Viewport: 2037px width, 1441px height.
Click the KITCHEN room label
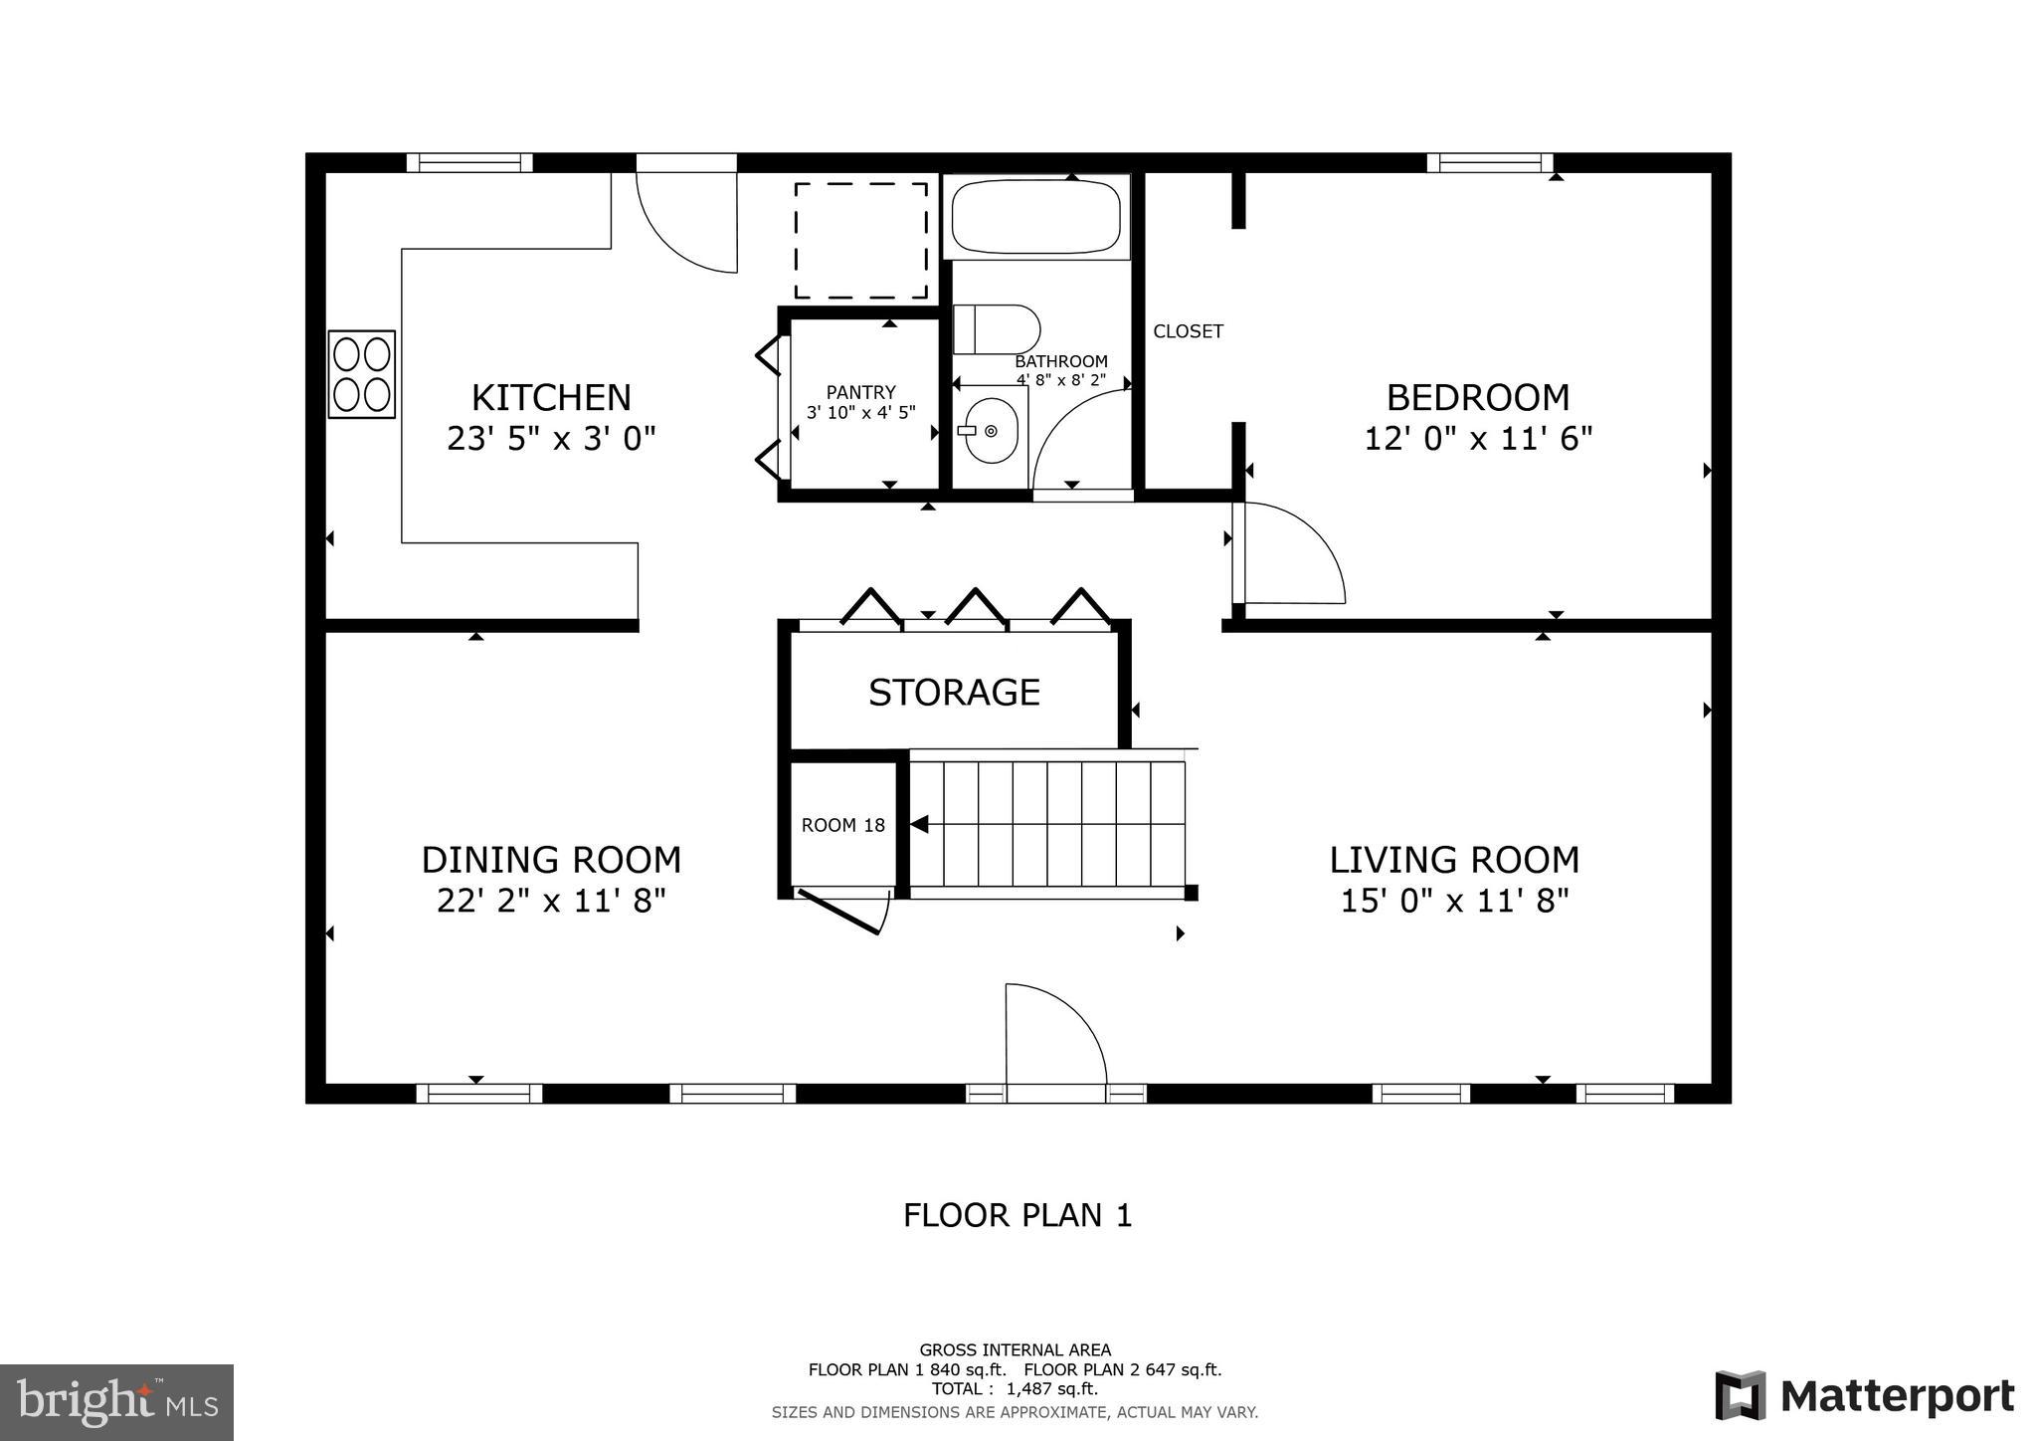(x=551, y=397)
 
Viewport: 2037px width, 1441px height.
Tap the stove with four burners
(x=362, y=374)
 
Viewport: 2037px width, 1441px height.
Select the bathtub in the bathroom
(x=1036, y=216)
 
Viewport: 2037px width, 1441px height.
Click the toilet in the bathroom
(x=996, y=329)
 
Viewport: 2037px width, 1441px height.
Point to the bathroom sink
(x=990, y=431)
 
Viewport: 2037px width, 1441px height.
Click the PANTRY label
(x=860, y=392)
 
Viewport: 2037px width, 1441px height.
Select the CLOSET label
(x=1188, y=331)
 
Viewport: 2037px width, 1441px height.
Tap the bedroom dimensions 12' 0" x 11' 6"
(x=1478, y=438)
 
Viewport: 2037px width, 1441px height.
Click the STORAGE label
(x=954, y=692)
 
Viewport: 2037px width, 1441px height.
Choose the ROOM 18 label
(x=842, y=825)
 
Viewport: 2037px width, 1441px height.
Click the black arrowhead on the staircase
(x=920, y=824)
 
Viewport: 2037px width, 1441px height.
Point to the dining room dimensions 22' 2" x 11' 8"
(x=551, y=901)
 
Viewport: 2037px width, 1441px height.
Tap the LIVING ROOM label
(x=1454, y=859)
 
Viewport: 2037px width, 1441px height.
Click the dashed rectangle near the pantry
(x=861, y=240)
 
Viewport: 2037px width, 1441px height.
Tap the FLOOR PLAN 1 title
(x=1018, y=1215)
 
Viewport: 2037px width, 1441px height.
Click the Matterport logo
(x=1864, y=1395)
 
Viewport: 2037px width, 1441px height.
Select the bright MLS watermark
(x=116, y=1402)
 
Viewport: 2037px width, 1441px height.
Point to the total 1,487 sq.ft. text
(x=1015, y=1388)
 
